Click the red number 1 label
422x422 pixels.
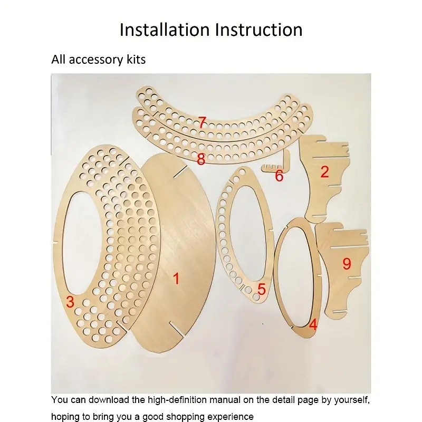[x=176, y=279]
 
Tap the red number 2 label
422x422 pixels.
[x=324, y=172]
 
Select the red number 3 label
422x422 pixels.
[x=70, y=301]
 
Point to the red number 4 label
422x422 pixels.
[x=313, y=325]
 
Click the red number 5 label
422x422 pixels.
[x=262, y=289]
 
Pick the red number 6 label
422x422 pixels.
[x=279, y=176]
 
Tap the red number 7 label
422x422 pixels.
[x=203, y=122]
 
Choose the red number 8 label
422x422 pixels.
[x=201, y=159]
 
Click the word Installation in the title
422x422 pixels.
[x=165, y=30]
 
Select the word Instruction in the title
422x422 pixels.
[x=258, y=30]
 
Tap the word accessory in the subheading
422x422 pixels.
[x=96, y=60]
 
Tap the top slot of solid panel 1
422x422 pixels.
[x=180, y=172]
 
